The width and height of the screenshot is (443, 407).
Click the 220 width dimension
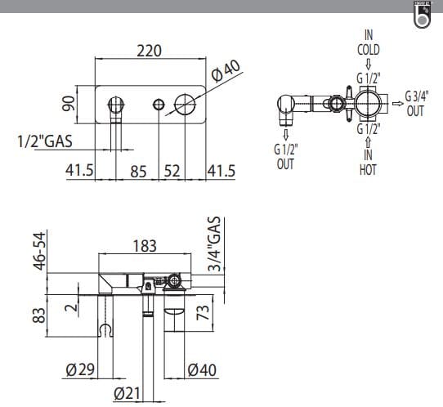click(x=149, y=51)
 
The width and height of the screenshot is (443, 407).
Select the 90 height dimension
click(x=69, y=104)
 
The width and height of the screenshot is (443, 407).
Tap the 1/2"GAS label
click(x=45, y=141)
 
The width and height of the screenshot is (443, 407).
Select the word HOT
click(x=368, y=171)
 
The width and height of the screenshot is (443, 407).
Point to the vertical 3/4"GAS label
click(x=214, y=245)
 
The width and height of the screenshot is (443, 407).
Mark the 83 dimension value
click(x=36, y=315)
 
